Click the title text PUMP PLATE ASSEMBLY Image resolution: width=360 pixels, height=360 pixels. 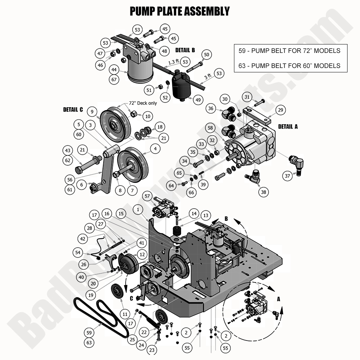tap(180, 11)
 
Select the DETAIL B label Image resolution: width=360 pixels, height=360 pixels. tap(185, 50)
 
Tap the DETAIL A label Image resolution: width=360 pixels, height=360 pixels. tap(288, 126)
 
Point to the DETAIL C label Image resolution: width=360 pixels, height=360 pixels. tap(73, 110)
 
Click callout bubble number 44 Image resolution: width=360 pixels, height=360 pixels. tap(114, 69)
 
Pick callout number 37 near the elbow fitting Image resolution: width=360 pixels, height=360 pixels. tap(287, 176)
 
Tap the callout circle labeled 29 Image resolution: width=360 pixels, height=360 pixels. tap(280, 110)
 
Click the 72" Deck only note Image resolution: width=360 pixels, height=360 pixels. tap(143, 103)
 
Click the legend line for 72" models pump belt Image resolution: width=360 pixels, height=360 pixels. tap(289, 51)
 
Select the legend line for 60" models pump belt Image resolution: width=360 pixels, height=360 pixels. tap(289, 66)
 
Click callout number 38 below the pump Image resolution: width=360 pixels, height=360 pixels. tap(263, 192)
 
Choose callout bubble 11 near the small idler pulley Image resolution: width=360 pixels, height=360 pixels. tap(125, 314)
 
